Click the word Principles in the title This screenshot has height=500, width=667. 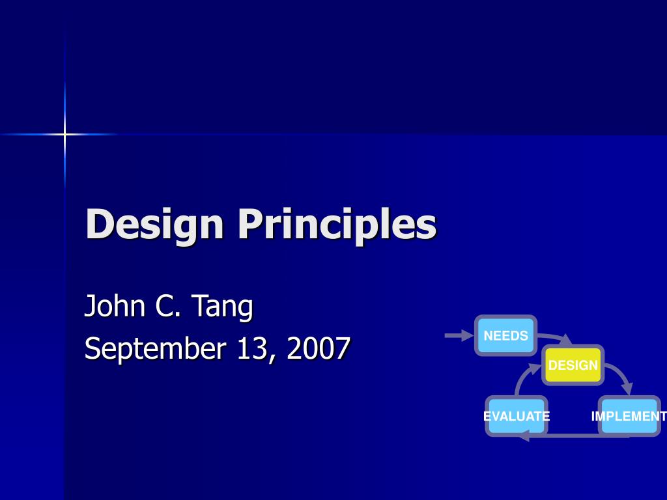click(x=337, y=225)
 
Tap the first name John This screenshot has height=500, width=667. click(x=115, y=307)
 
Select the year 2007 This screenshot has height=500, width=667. click(x=319, y=348)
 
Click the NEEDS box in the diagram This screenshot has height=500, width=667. click(x=505, y=336)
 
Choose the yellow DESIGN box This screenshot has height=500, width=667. click(x=573, y=365)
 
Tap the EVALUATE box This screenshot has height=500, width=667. click(x=517, y=416)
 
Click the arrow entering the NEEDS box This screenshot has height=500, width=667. click(x=459, y=335)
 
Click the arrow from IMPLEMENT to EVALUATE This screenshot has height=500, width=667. click(x=573, y=436)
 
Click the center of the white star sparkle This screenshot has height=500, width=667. click(x=64, y=135)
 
